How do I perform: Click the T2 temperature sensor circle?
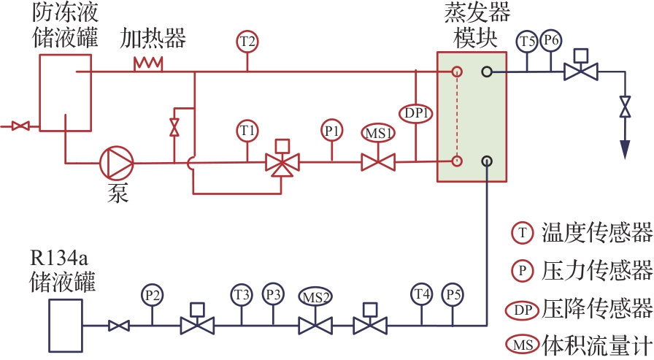point(247,42)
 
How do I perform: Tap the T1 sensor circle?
point(247,131)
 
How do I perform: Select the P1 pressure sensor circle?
point(332,131)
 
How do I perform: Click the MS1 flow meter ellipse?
point(378,133)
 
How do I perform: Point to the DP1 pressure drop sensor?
point(416,113)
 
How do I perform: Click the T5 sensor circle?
point(527,42)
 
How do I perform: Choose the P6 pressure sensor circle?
point(551,40)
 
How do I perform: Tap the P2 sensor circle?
point(153,295)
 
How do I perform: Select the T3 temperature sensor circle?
point(242,295)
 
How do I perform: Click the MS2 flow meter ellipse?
point(315,297)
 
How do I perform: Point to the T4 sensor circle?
point(422,294)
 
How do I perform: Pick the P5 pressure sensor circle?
point(453,294)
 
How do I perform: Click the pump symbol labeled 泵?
point(116,163)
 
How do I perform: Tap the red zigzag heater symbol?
point(148,64)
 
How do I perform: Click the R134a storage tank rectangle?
point(66,326)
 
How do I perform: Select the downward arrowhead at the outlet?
point(625,150)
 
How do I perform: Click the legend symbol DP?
point(522,310)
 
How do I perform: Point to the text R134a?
point(59,258)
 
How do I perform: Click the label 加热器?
point(153,39)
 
